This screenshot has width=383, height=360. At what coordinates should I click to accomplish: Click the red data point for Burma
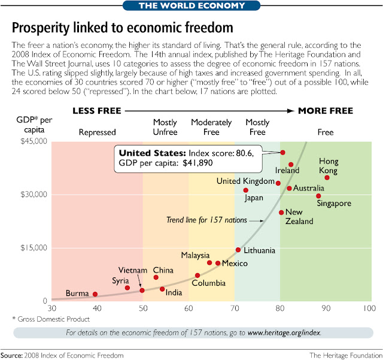(x=95, y=294)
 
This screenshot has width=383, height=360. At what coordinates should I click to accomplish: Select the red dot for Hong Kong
(x=327, y=178)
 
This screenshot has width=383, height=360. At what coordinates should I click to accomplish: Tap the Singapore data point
(x=318, y=196)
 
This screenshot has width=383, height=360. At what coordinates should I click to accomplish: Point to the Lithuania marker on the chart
(x=238, y=250)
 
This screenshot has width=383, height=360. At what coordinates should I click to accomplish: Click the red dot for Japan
(x=245, y=190)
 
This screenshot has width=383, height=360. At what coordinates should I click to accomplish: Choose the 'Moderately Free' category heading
(x=211, y=127)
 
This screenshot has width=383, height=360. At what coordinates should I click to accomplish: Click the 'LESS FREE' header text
(x=97, y=111)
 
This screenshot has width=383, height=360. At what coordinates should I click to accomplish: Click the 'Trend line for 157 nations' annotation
(x=206, y=220)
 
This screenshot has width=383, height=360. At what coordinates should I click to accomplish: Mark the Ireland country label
(x=287, y=171)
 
